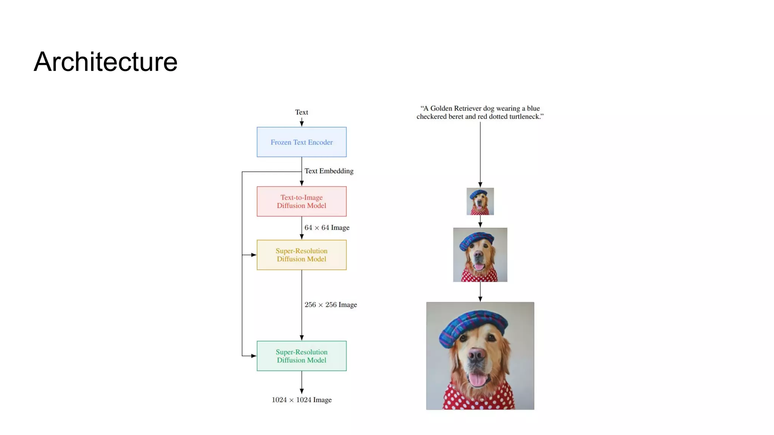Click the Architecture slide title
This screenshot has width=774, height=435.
pyautogui.click(x=105, y=62)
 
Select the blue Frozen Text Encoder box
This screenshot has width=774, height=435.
pyautogui.click(x=302, y=142)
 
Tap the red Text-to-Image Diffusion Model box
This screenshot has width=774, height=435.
pyautogui.click(x=302, y=201)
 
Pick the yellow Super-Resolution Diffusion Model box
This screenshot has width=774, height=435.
pyautogui.click(x=302, y=255)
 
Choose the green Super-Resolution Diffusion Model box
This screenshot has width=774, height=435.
pyautogui.click(x=302, y=356)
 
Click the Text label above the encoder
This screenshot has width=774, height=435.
pyautogui.click(x=302, y=112)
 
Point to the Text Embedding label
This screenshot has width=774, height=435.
pyautogui.click(x=329, y=171)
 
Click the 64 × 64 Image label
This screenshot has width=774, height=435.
pyautogui.click(x=327, y=228)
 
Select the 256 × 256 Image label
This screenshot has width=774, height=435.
pyautogui.click(x=331, y=305)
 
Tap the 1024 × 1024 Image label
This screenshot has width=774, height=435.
pyautogui.click(x=302, y=400)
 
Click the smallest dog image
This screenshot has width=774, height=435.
pyautogui.click(x=480, y=201)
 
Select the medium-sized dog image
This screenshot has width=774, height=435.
pyautogui.click(x=480, y=255)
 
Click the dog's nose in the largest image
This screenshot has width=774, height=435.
pyautogui.click(x=477, y=355)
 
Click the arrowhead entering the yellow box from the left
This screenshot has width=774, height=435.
pyautogui.click(x=254, y=255)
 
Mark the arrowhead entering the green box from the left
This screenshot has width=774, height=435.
pyautogui.click(x=254, y=356)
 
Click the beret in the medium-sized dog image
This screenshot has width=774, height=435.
pyautogui.click(x=477, y=241)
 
